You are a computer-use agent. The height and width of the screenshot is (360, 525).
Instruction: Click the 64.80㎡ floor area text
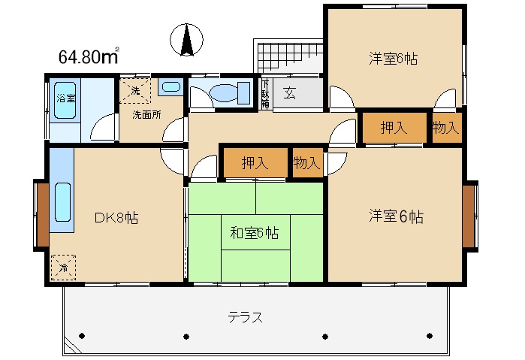point(89,56)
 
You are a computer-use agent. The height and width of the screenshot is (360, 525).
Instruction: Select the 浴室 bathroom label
point(66,98)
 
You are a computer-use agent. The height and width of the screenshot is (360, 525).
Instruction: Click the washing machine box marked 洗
point(135,90)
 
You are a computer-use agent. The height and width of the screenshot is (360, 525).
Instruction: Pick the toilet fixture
point(224,93)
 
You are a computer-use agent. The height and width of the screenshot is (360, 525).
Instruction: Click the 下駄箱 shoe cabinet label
point(264,94)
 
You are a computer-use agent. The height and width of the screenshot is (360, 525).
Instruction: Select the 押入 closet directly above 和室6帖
point(255,162)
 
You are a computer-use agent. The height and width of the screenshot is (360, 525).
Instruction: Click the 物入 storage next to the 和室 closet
point(306,162)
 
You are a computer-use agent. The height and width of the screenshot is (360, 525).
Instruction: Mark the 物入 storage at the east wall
point(445,127)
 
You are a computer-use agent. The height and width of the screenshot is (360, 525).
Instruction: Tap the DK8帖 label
point(116,218)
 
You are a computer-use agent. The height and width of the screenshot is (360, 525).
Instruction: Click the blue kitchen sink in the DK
point(62,203)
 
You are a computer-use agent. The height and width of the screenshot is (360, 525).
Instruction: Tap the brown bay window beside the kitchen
point(42,214)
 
